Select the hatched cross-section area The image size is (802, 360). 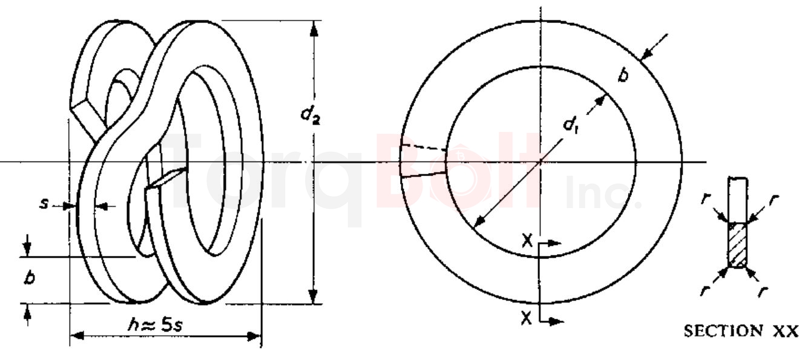tap(738, 245)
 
